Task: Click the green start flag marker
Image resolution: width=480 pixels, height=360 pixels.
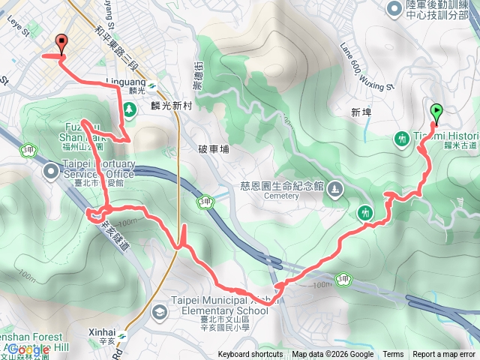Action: tap(436, 112)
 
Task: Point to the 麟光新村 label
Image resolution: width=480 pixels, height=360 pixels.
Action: tap(172, 106)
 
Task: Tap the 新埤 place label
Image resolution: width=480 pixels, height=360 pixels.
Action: tap(361, 112)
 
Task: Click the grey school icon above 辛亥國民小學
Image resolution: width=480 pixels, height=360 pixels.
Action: tap(160, 310)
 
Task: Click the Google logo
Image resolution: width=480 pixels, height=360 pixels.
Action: tap(28, 349)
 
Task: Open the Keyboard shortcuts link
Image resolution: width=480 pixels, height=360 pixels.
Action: tap(250, 355)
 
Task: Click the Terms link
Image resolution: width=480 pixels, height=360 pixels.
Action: tap(393, 355)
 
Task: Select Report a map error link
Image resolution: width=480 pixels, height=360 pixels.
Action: tap(445, 355)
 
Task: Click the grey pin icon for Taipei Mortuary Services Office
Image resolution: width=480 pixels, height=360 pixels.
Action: tap(51, 173)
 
